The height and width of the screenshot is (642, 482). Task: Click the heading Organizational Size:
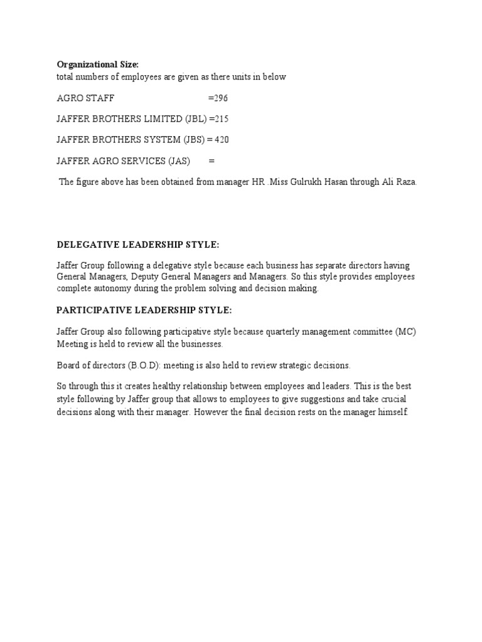point(98,64)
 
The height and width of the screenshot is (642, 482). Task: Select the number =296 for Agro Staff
point(218,98)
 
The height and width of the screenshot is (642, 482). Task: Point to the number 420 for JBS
point(222,139)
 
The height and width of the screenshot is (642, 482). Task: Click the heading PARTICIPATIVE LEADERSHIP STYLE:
point(144,310)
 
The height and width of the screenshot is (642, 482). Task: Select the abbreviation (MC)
point(405,332)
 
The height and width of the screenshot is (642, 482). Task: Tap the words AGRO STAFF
point(86,98)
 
